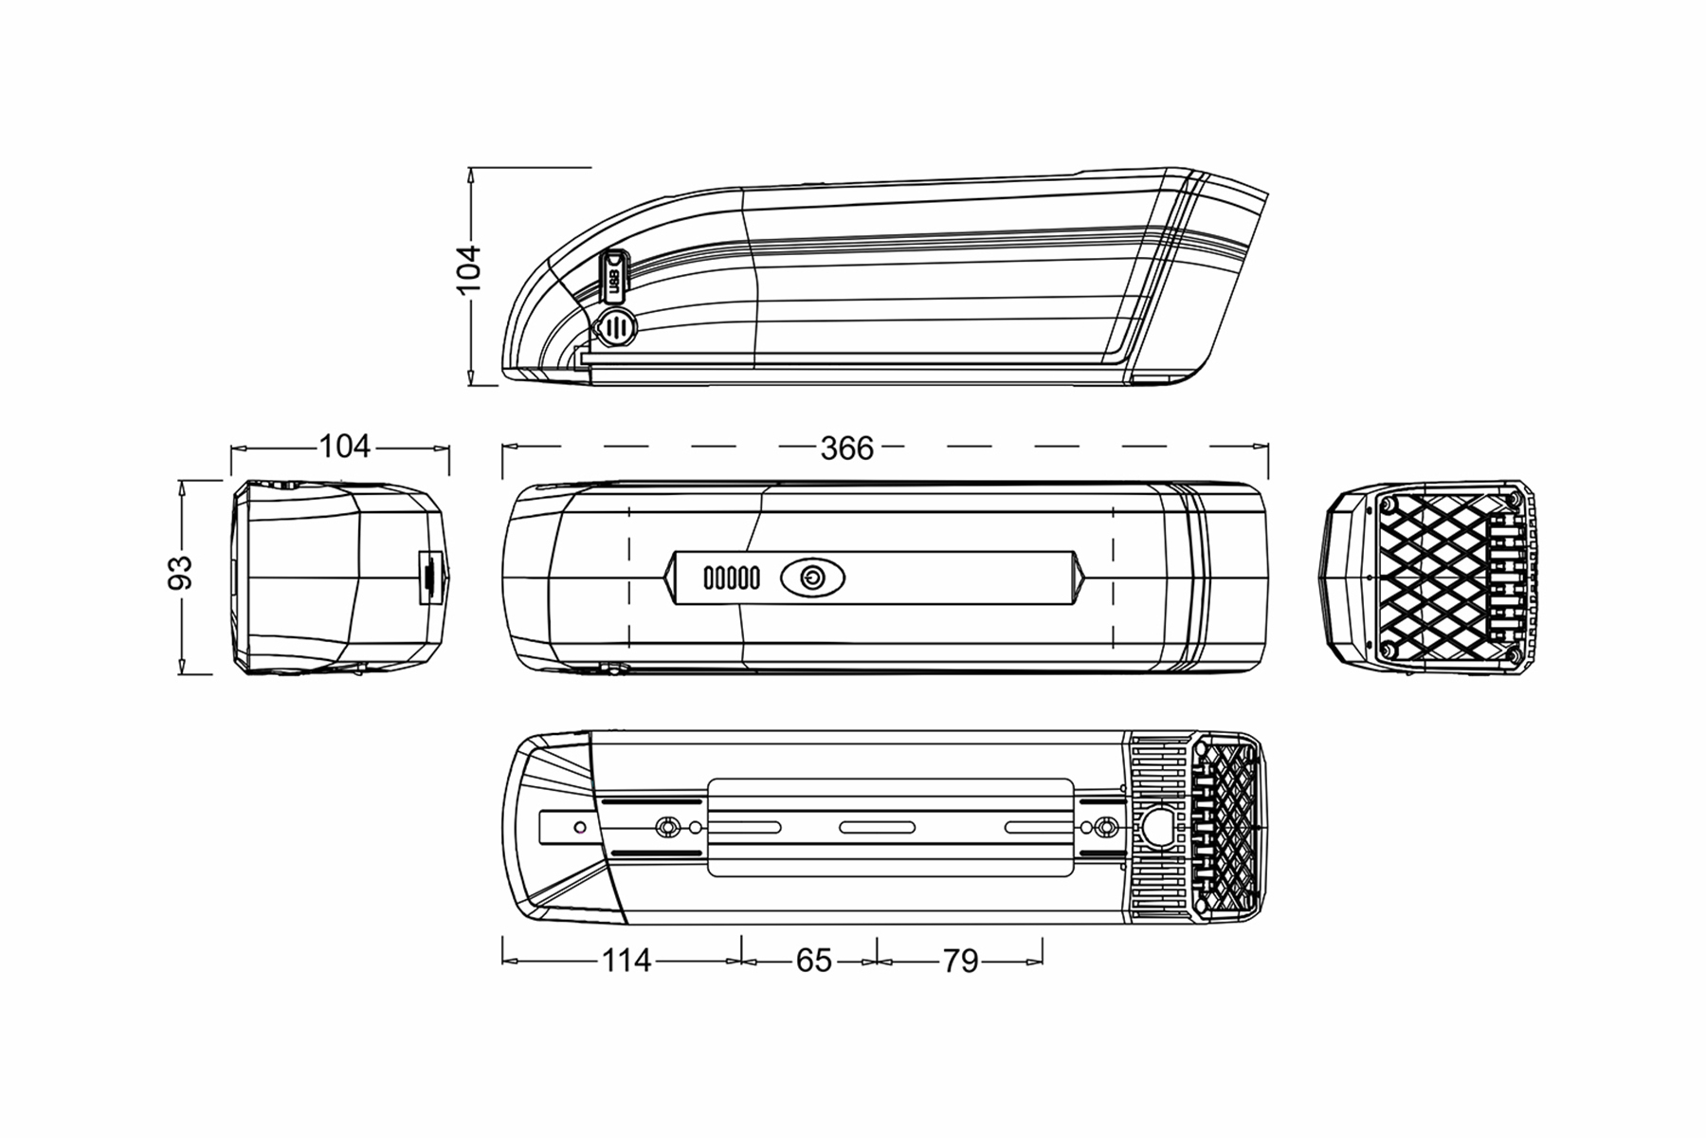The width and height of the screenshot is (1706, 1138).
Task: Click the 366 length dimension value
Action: tap(846, 448)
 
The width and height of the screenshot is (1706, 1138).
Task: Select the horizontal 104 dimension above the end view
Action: tap(344, 446)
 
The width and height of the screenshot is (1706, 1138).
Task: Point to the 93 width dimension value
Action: tap(180, 572)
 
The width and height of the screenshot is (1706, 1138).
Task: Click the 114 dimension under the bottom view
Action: tap(626, 961)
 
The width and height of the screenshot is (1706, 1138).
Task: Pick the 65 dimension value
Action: tap(813, 961)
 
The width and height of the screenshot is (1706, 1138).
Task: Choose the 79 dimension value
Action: tap(960, 961)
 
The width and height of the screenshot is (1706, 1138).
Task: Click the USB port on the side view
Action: tap(615, 276)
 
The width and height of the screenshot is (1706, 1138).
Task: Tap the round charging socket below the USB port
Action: tap(615, 328)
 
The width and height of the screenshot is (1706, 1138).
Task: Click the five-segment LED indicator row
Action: tap(731, 578)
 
